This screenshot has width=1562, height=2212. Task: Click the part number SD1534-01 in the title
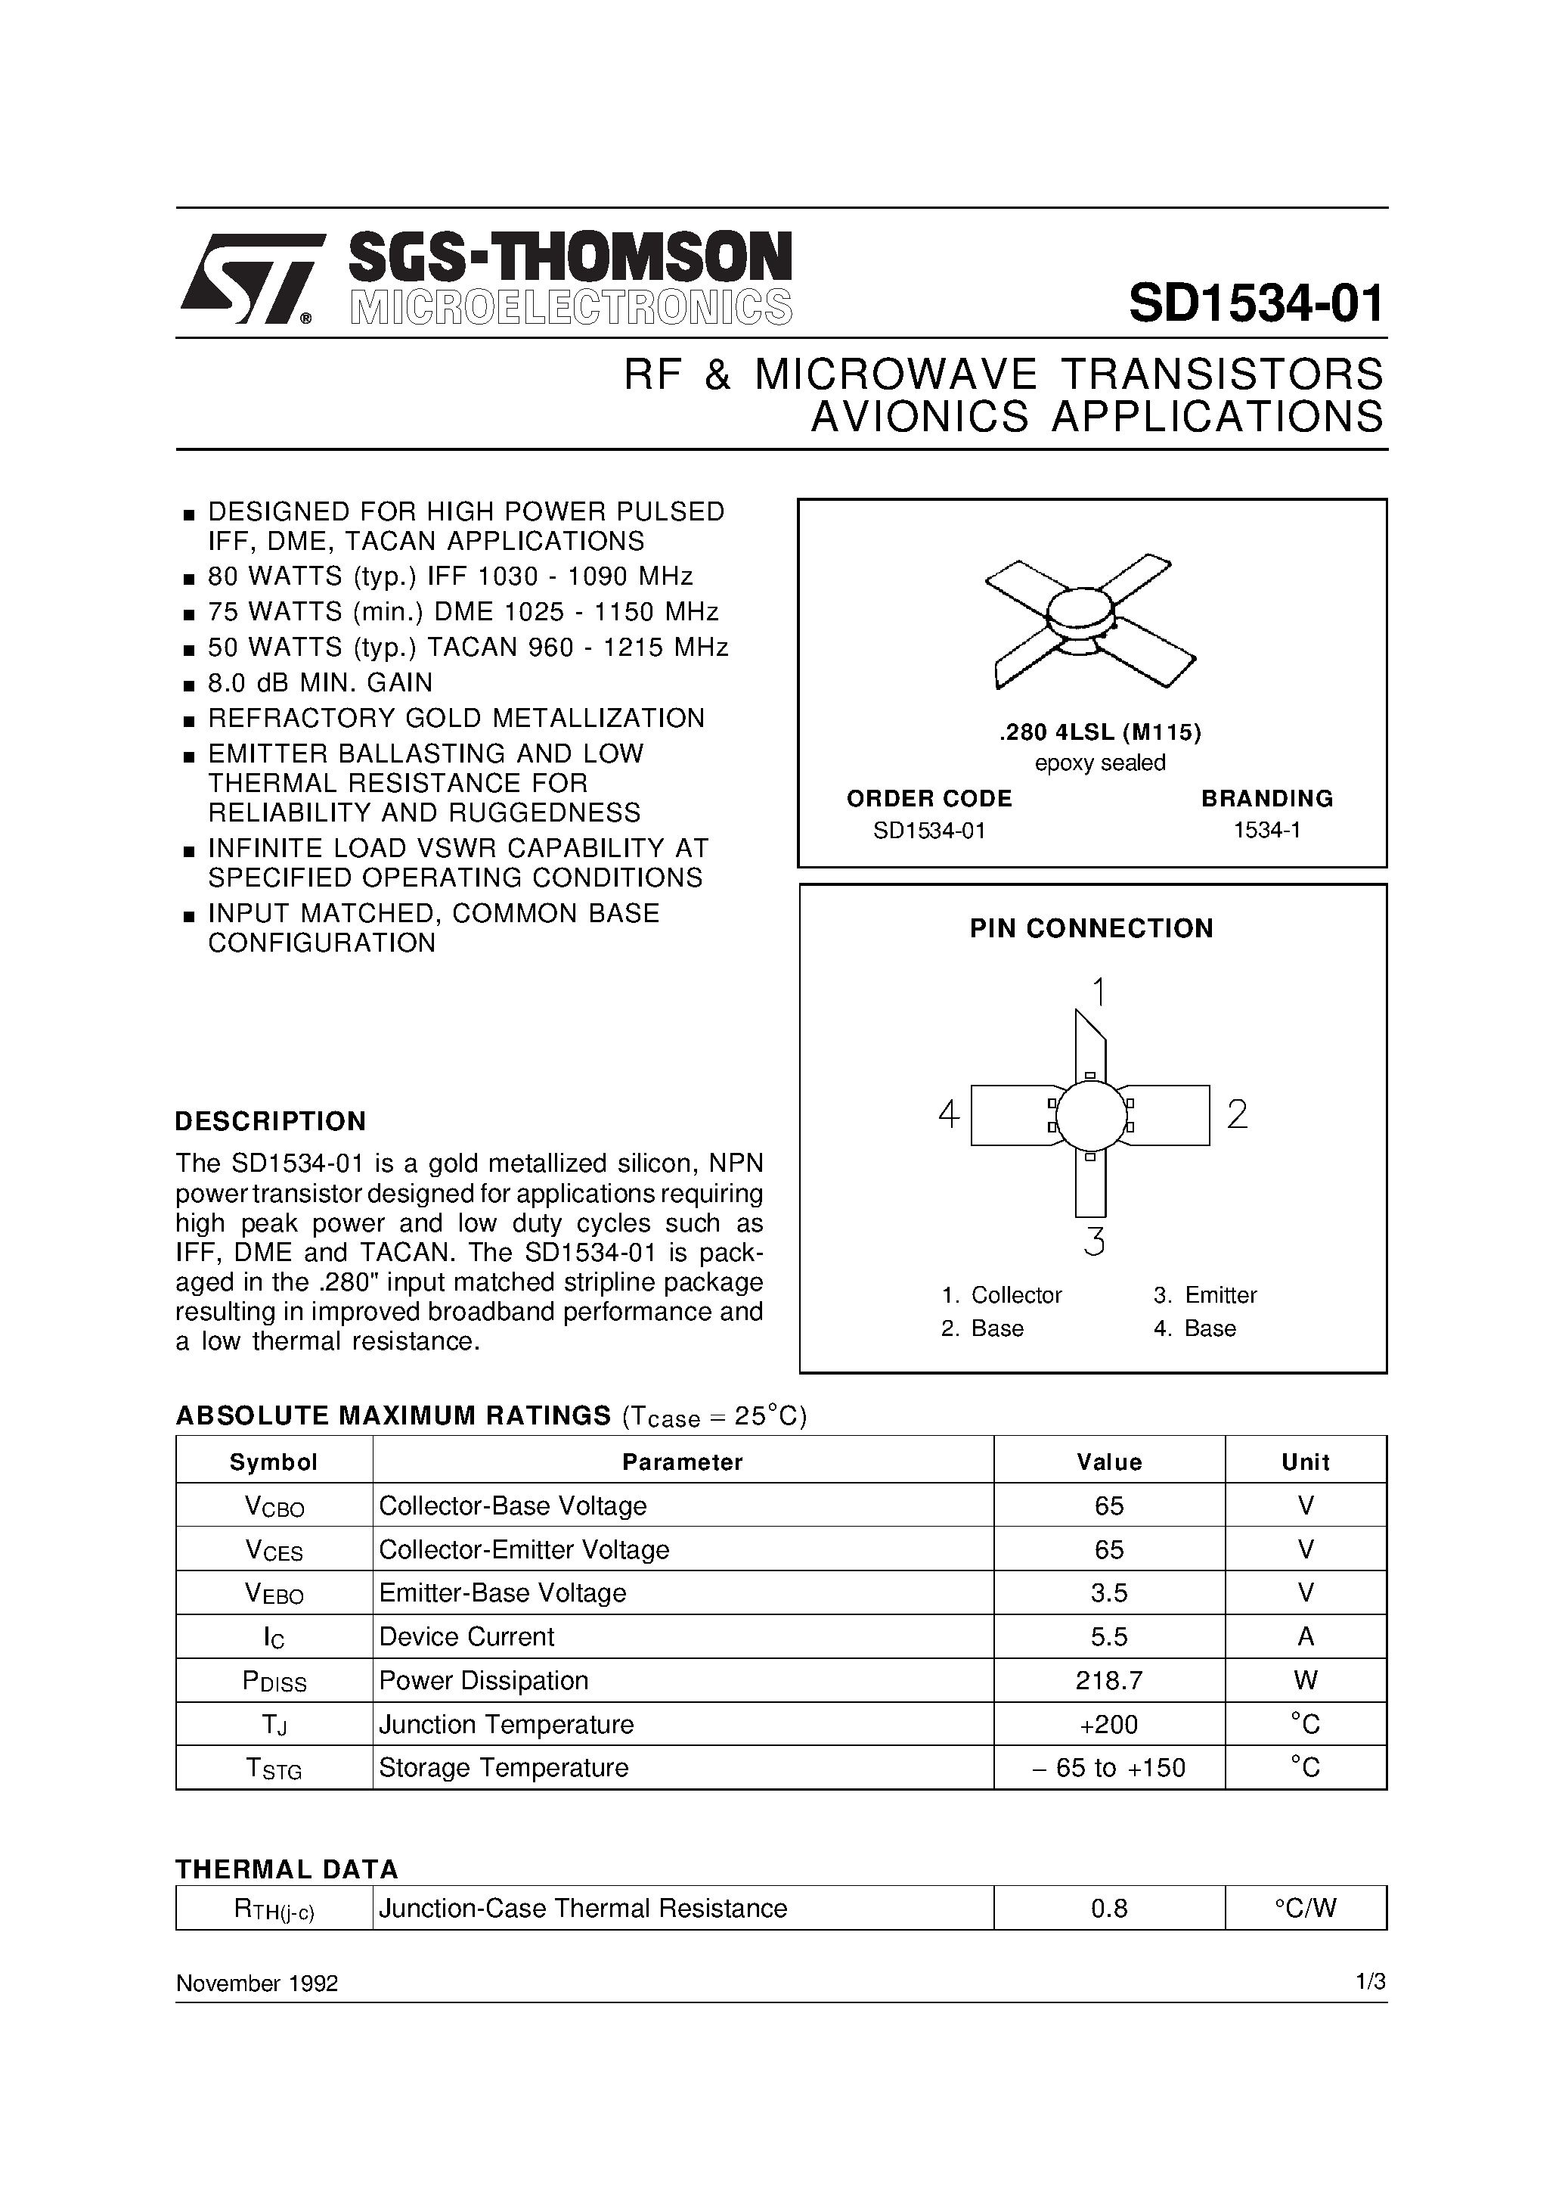1256,303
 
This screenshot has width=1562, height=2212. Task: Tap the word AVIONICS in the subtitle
921,417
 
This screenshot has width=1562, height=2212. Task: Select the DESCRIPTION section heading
271,1121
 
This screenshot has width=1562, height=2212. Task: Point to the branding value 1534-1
1267,831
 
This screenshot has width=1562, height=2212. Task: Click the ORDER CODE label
928,799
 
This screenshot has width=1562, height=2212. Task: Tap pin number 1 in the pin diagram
1099,991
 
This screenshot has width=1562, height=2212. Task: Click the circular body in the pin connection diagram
1090,1116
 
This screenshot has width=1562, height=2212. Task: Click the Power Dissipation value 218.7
1109,1680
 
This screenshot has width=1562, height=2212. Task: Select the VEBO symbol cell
274,1593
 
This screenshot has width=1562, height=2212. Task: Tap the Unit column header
1305,1462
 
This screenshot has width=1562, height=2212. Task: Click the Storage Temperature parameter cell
504,1768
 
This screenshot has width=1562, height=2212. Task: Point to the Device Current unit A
1306,1637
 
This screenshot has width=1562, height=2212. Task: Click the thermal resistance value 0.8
1109,1909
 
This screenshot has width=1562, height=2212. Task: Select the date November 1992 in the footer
257,1984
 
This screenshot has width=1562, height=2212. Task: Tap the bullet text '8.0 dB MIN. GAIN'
321,682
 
